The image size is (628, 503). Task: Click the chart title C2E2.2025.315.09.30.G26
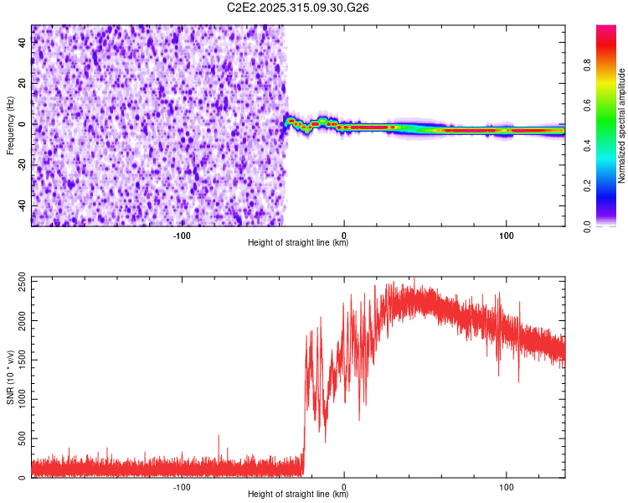coord(298,8)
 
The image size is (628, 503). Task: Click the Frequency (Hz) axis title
coord(10,126)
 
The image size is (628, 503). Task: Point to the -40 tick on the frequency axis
coord(23,205)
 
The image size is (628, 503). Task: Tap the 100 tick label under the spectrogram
coord(506,235)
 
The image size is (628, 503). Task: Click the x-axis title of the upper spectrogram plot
coord(298,243)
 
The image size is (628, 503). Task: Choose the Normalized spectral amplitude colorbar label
coord(622,126)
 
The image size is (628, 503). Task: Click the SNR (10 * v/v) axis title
coord(10,377)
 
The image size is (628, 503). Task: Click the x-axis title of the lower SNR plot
coord(298,495)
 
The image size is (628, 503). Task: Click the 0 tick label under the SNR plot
coord(345,486)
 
